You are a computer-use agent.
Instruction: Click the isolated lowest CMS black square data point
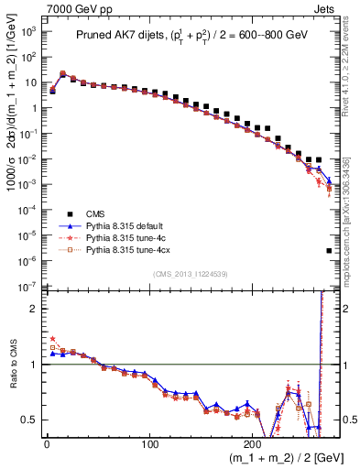328,250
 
